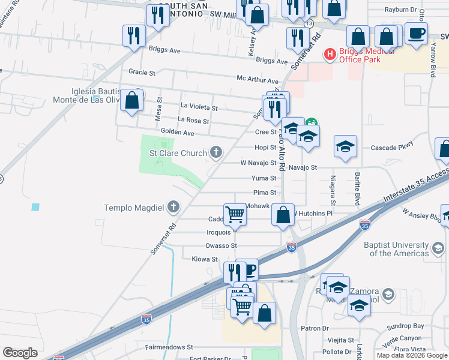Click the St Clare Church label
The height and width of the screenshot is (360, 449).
pyautogui.click(x=178, y=153)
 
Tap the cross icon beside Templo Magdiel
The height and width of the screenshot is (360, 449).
pyautogui.click(x=173, y=208)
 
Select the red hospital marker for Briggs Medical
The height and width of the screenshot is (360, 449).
pyautogui.click(x=330, y=55)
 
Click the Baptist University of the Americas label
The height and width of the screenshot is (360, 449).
pyautogui.click(x=397, y=249)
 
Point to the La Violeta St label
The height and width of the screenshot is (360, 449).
pyautogui.click(x=199, y=107)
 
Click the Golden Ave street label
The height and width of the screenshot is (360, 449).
pyautogui.click(x=178, y=132)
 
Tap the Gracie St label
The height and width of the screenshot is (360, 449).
pyautogui.click(x=142, y=72)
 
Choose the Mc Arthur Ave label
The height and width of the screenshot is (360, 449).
pyautogui.click(x=258, y=80)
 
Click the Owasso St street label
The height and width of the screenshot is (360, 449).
pyautogui.click(x=221, y=245)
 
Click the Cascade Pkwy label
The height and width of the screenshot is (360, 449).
pyautogui.click(x=392, y=148)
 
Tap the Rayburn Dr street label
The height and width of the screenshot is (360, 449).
pyautogui.click(x=402, y=10)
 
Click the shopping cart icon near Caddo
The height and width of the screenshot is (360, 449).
pyautogui.click(x=235, y=214)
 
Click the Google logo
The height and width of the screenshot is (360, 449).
pyautogui.click(x=20, y=353)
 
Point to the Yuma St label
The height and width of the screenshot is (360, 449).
pyautogui.click(x=264, y=178)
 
